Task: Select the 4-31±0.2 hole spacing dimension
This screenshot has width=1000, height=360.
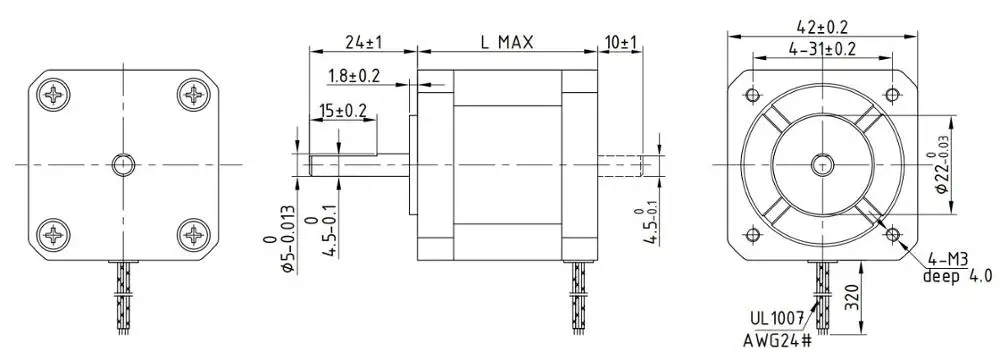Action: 822,49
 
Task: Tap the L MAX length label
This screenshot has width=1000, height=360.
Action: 507,42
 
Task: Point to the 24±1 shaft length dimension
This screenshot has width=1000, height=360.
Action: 363,42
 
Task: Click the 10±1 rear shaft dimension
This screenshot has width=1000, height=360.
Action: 621,42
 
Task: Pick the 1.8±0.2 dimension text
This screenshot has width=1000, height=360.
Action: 354,76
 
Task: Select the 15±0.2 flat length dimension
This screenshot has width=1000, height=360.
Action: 343,110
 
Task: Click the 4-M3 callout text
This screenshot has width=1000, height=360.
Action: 948,259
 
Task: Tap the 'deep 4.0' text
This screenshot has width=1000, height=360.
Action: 958,276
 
